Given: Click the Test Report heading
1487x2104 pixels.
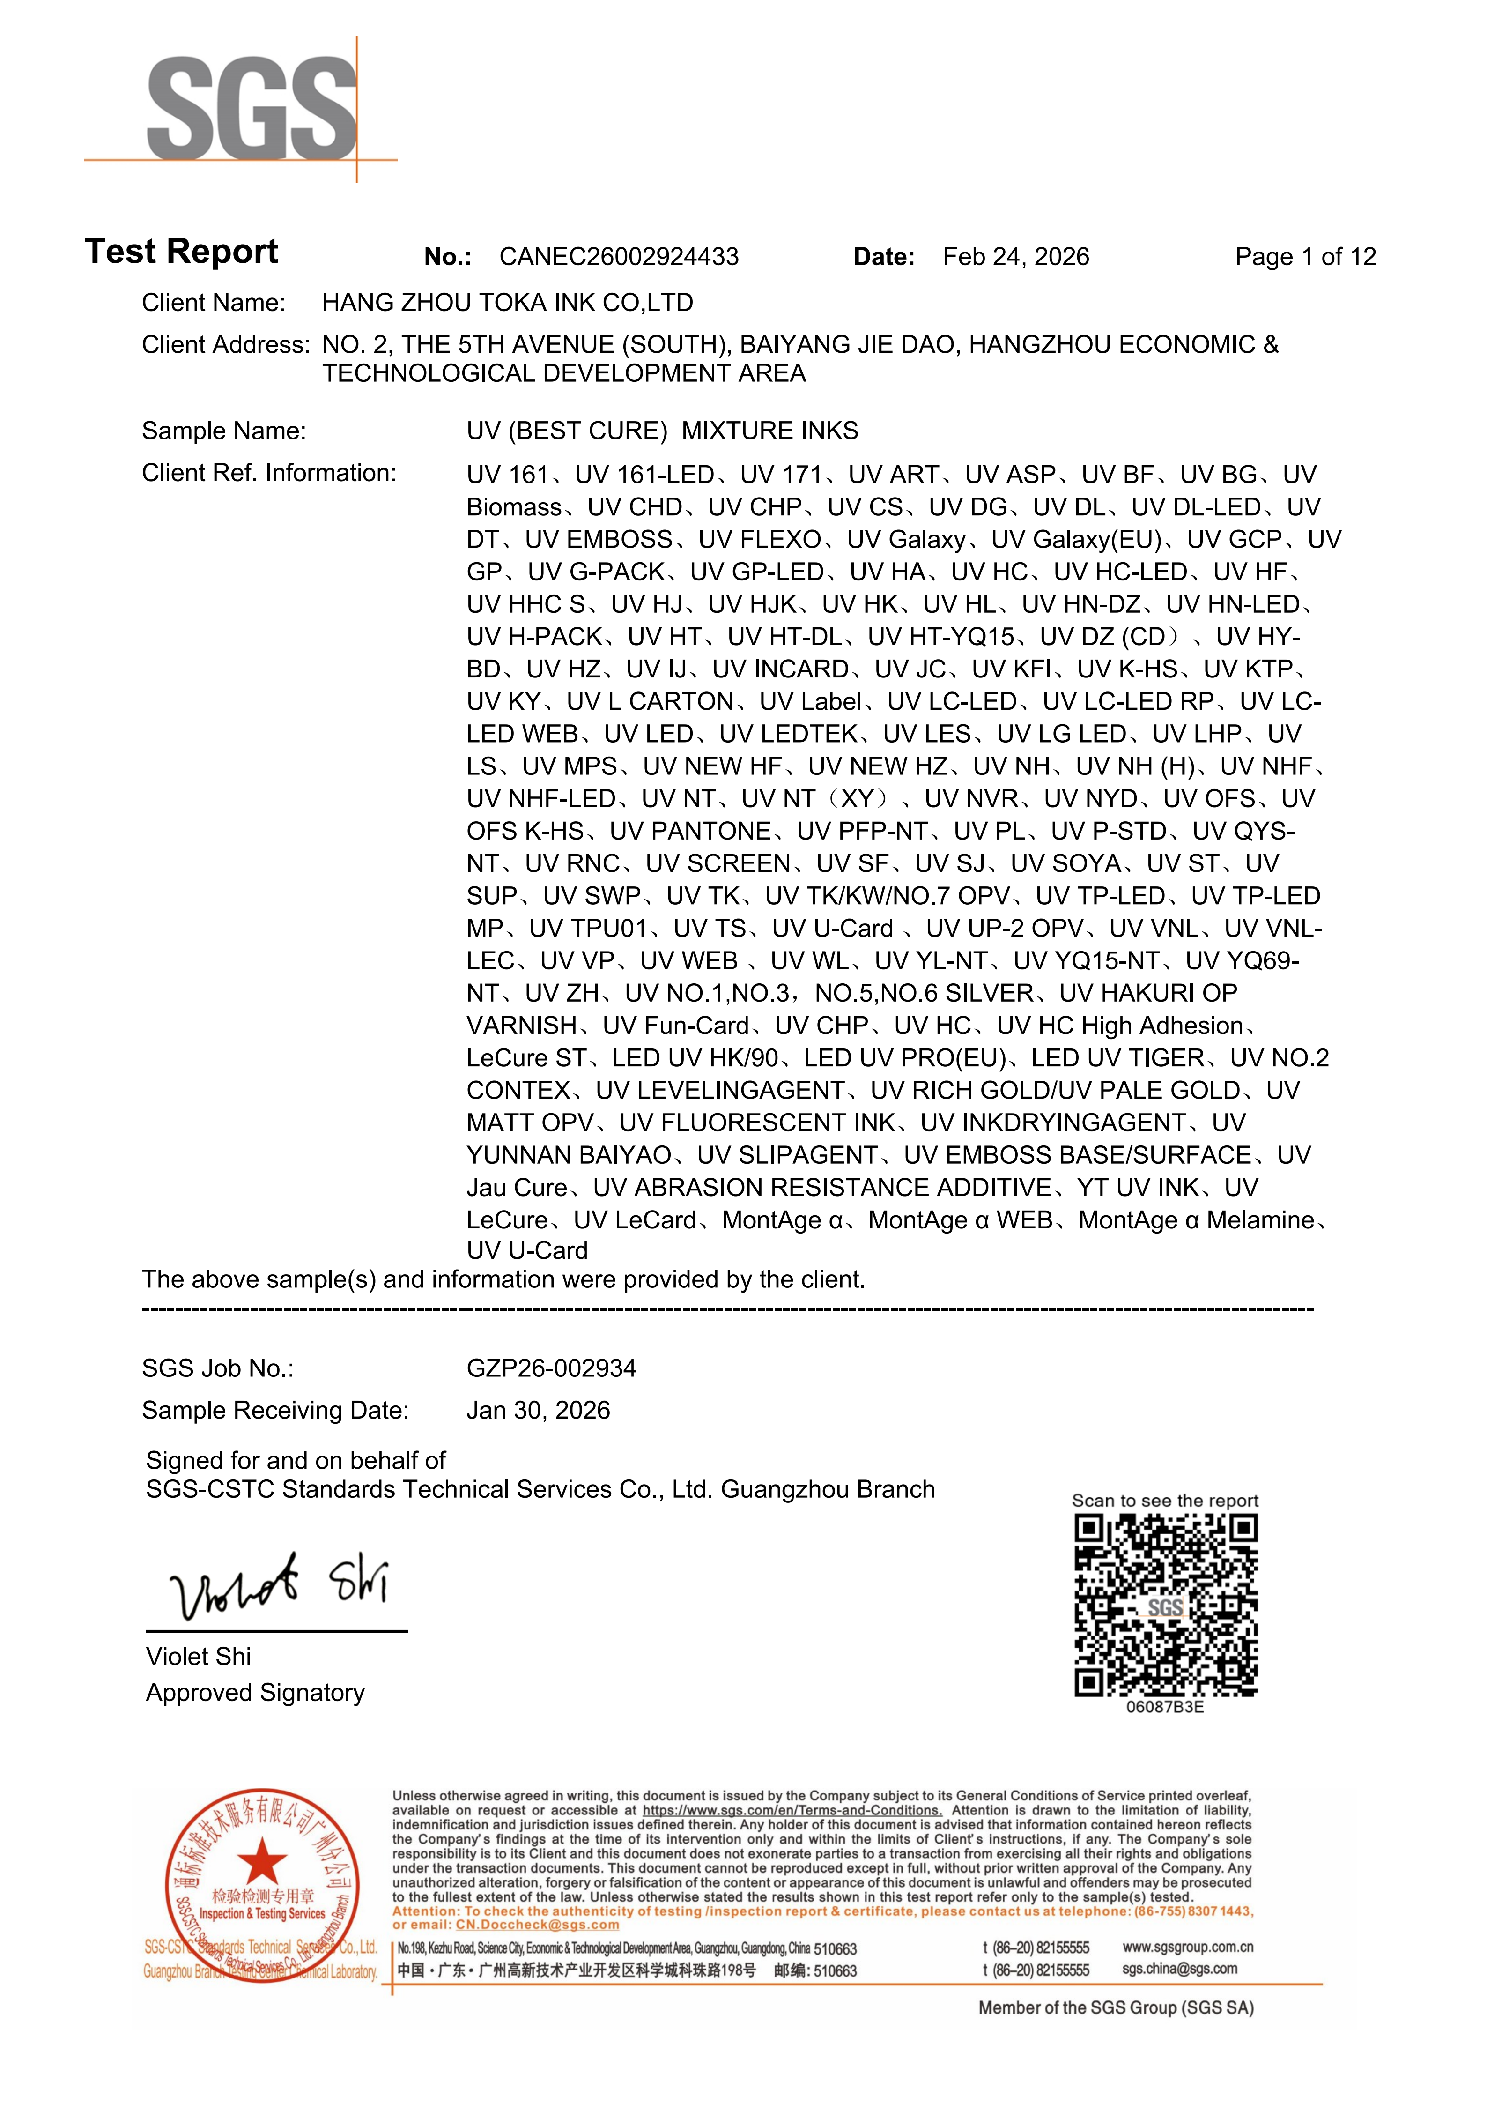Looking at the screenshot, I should click(181, 251).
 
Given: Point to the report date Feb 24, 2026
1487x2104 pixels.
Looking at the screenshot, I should click(1015, 257).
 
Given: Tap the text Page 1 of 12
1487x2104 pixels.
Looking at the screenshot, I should click(1305, 257).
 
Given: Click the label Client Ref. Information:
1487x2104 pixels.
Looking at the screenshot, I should click(268, 473).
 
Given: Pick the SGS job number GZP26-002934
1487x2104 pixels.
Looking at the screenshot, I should click(551, 1368).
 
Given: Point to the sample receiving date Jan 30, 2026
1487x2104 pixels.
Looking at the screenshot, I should click(538, 1410).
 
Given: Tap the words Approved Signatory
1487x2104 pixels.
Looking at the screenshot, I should click(255, 1693).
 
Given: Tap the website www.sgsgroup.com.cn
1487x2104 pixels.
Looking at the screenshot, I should click(1187, 1947).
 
